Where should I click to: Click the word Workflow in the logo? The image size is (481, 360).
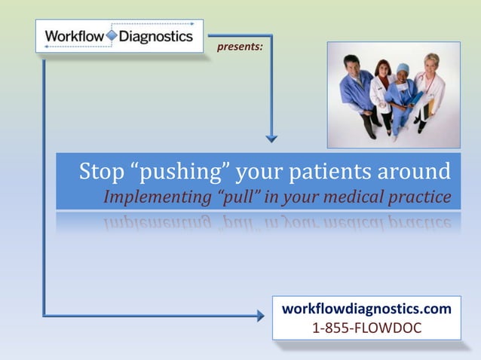pyautogui.click(x=74, y=36)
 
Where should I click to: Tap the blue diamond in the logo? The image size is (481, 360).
pyautogui.click(x=112, y=35)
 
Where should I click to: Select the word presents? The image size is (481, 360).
pyautogui.click(x=240, y=47)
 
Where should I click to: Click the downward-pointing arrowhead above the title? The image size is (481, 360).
pyautogui.click(x=271, y=138)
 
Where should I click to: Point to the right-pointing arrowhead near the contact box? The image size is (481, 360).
pyautogui.click(x=260, y=316)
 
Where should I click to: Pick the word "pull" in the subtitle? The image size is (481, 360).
pyautogui.click(x=234, y=198)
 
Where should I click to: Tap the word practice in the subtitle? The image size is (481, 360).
pyautogui.click(x=424, y=198)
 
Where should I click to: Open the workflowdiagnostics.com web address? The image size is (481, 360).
pyautogui.click(x=366, y=309)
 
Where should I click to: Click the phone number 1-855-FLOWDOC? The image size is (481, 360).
pyautogui.click(x=366, y=328)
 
